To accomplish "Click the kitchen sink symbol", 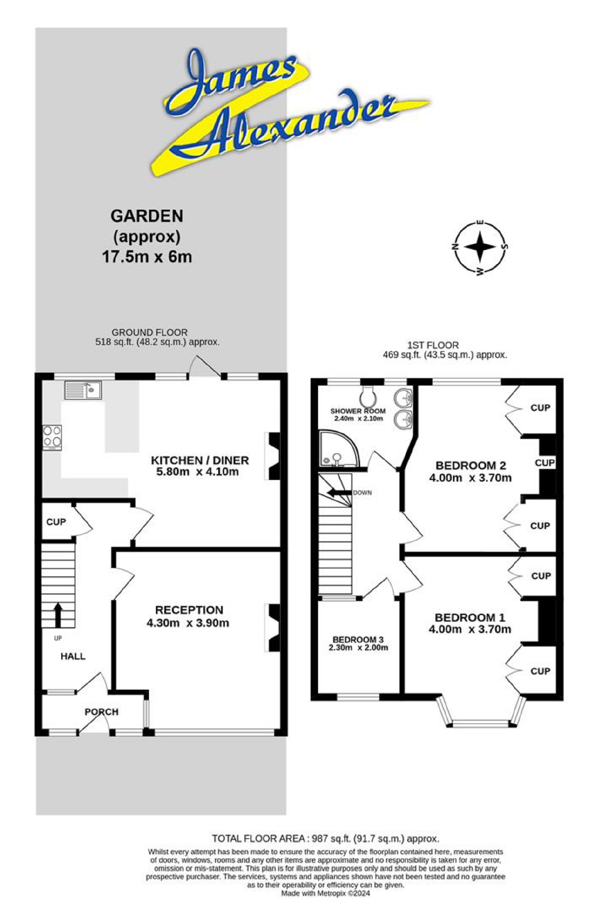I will pos(82,390).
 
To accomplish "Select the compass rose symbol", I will pos(480,247).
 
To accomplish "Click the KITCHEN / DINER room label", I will pos(200,460).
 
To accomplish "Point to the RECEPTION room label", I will pos(189,610).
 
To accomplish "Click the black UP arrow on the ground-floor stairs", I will pos(58,615).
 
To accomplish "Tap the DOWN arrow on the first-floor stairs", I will pos(339,492).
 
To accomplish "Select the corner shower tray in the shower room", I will pos(337,449).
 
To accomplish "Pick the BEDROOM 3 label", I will pos(358,639).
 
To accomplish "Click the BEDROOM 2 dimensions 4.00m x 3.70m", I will pos(470,478).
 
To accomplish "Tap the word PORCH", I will pos(102,712).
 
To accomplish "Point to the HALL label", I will pos(73,656).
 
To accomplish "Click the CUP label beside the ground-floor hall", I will pos(56,522).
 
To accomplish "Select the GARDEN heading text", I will pos(147,216).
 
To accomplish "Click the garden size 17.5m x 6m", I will pos(147,257).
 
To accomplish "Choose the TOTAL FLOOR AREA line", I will pos(325,839).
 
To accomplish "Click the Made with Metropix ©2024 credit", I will pos(325,893).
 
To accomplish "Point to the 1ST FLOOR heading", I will pos(433,345).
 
